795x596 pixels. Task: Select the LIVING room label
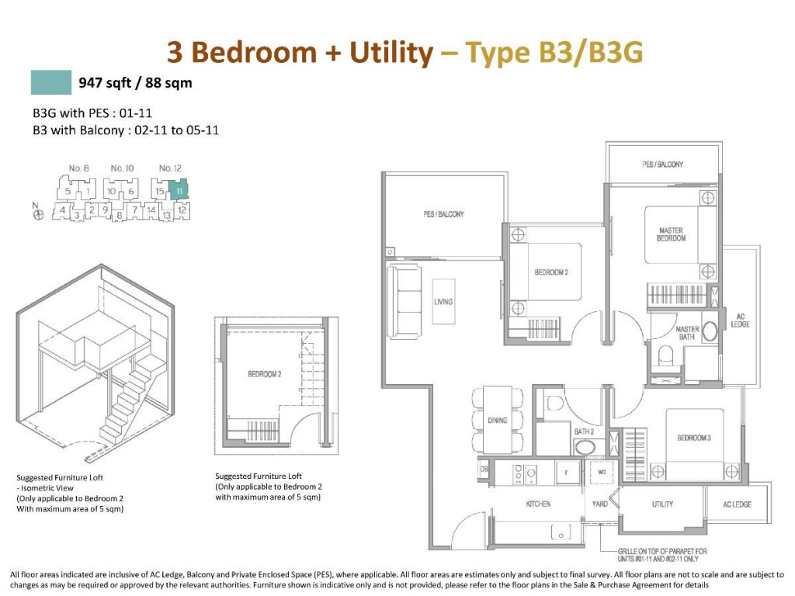443,302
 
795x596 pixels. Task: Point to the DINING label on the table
498,421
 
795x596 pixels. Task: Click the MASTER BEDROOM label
671,234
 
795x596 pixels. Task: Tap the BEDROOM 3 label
693,438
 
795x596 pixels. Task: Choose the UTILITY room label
662,504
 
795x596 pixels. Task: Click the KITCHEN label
538,504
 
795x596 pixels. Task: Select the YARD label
600,504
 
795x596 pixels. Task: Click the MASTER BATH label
687,333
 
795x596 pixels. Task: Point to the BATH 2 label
585,431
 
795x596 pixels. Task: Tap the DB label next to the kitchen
484,470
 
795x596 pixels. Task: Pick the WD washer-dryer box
601,470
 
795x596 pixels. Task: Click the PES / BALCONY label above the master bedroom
663,165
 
